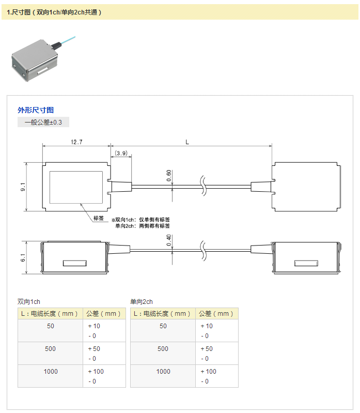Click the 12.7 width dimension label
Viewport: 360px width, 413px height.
(x=76, y=142)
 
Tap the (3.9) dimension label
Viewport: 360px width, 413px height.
(x=121, y=153)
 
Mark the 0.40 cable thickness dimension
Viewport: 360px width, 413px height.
(x=169, y=240)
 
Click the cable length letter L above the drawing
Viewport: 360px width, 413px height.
(x=186, y=141)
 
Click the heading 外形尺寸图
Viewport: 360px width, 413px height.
(x=36, y=110)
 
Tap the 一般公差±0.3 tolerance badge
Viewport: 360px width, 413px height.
(x=43, y=123)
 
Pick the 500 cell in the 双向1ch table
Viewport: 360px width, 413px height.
(x=50, y=349)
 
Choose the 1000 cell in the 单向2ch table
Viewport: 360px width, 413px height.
(x=163, y=372)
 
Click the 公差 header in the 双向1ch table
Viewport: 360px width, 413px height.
(x=103, y=313)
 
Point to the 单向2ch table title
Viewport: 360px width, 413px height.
(x=142, y=301)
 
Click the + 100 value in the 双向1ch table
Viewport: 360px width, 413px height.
(x=96, y=372)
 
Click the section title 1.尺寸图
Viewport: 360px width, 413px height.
(x=54, y=12)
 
